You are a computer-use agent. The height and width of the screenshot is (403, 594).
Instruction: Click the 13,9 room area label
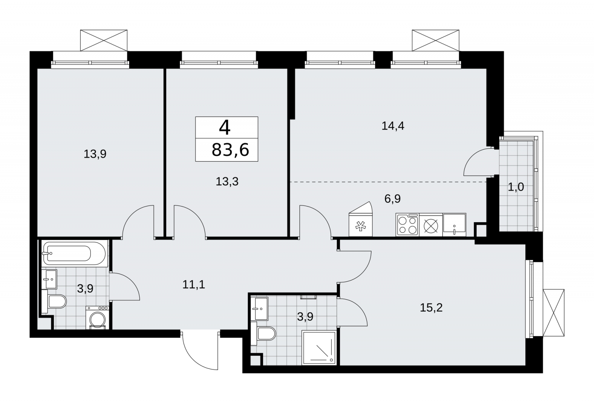pyautogui.click(x=95, y=154)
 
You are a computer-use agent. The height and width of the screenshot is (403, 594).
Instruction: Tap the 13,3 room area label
pyautogui.click(x=227, y=182)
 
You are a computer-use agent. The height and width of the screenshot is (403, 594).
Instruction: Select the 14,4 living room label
pyautogui.click(x=393, y=126)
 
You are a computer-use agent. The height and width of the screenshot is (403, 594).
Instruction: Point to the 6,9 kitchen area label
pyautogui.click(x=392, y=198)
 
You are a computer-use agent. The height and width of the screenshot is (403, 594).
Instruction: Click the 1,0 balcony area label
pyautogui.click(x=516, y=187)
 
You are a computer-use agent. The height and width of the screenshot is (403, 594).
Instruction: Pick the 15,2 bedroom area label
pyautogui.click(x=431, y=308)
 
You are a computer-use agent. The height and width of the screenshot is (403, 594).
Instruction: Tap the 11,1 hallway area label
pyautogui.click(x=193, y=285)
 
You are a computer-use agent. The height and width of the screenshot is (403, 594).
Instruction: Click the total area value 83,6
pyautogui.click(x=230, y=150)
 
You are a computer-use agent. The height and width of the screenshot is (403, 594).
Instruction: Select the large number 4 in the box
pyautogui.click(x=225, y=128)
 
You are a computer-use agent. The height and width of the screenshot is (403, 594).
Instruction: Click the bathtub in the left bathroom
pyautogui.click(x=75, y=253)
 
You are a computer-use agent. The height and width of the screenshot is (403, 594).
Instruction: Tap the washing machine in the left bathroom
pyautogui.click(x=97, y=318)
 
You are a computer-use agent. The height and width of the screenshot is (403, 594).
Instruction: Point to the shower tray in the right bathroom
pyautogui.click(x=319, y=348)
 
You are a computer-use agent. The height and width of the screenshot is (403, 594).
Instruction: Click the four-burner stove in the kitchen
pyautogui.click(x=407, y=225)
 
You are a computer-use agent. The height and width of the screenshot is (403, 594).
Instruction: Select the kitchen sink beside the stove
pyautogui.click(x=454, y=225)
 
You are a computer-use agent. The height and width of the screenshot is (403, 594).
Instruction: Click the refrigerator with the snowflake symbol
pyautogui.click(x=360, y=219)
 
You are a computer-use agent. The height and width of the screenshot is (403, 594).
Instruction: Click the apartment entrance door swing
pyautogui.click(x=200, y=350)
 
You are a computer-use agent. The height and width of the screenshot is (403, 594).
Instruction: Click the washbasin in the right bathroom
pyautogui.click(x=260, y=309)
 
